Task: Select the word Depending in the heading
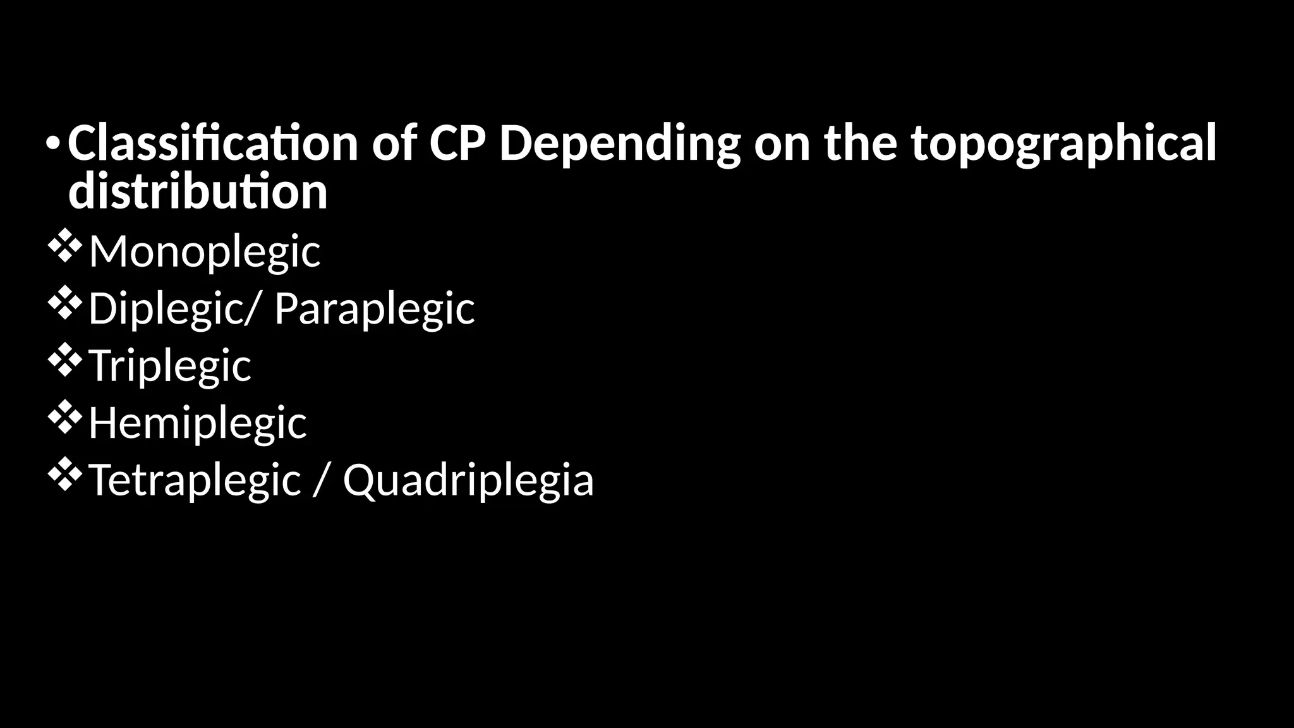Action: (619, 144)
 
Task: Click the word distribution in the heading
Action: (198, 191)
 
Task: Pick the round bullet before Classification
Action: (54, 144)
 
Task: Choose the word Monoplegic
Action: (204, 252)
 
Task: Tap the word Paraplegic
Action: (374, 309)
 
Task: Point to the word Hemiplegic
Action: (197, 423)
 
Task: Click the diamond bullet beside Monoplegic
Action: (64, 247)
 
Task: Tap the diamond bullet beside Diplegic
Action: (64, 304)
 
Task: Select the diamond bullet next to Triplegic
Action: (64, 361)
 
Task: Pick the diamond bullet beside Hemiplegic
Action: (64, 418)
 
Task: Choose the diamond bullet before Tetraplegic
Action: (64, 476)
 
